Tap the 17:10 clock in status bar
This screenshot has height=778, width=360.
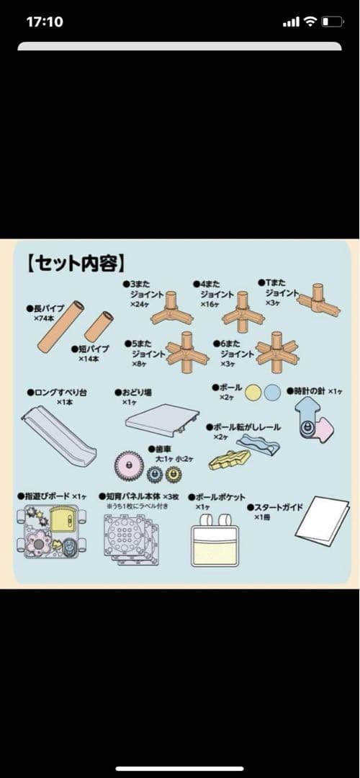45,22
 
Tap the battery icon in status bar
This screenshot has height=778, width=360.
333,22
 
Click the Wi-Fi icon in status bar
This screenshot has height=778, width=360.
310,22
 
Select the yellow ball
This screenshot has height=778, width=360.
253,393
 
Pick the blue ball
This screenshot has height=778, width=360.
272,393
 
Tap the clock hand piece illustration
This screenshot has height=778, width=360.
313,422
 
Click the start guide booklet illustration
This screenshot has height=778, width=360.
321,520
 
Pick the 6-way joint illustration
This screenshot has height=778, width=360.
276,352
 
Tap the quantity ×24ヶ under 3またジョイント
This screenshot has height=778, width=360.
141,305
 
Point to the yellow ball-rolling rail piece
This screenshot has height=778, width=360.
229,458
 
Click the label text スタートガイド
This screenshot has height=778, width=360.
278,507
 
